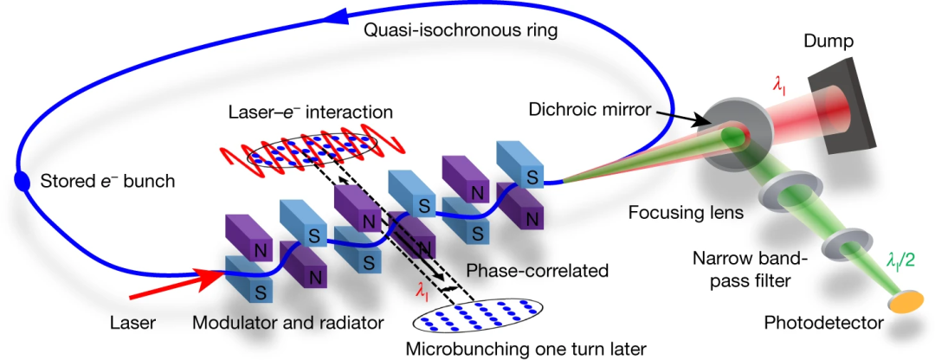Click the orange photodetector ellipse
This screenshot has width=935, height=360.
(x=904, y=301)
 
